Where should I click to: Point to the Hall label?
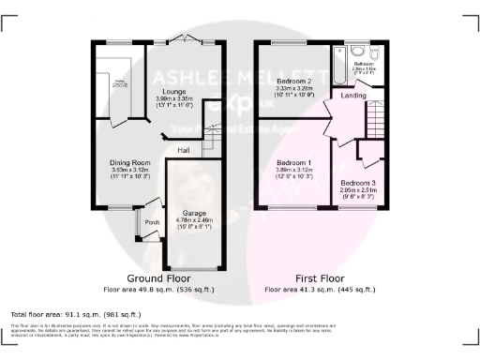(185, 149)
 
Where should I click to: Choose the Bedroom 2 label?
(294, 82)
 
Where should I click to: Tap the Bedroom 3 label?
(358, 182)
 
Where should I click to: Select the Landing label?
(353, 95)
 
